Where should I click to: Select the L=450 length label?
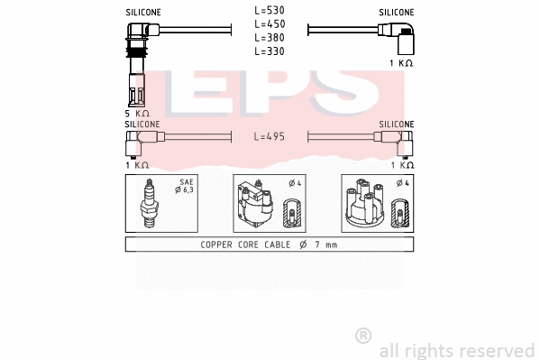click(x=270, y=24)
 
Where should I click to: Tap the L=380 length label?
click(x=270, y=38)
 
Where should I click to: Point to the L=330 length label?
click(x=270, y=51)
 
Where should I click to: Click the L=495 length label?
click(x=270, y=136)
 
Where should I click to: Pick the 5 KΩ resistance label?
click(x=137, y=114)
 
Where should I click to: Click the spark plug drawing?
click(x=149, y=204)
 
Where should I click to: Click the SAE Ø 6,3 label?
click(x=186, y=186)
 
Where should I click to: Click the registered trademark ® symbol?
click(x=363, y=335)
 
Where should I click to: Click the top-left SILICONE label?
click(x=142, y=13)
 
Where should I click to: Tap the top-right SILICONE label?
click(x=397, y=13)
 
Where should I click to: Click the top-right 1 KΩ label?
click(x=401, y=63)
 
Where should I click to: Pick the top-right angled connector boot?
click(x=402, y=39)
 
